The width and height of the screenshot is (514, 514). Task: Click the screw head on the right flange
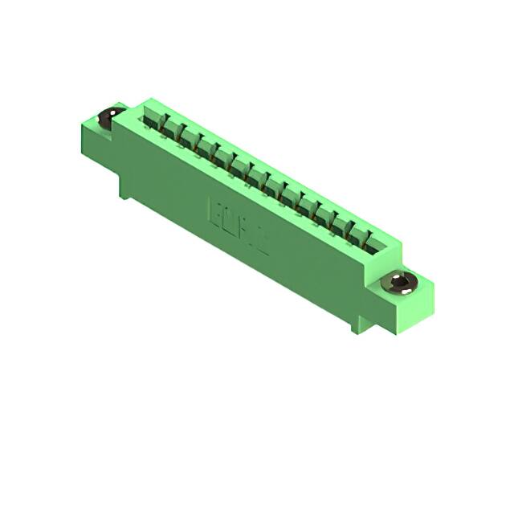pos(402,282)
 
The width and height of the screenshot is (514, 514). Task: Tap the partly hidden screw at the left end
pos(106,119)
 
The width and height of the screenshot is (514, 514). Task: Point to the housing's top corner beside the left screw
pos(143,102)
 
